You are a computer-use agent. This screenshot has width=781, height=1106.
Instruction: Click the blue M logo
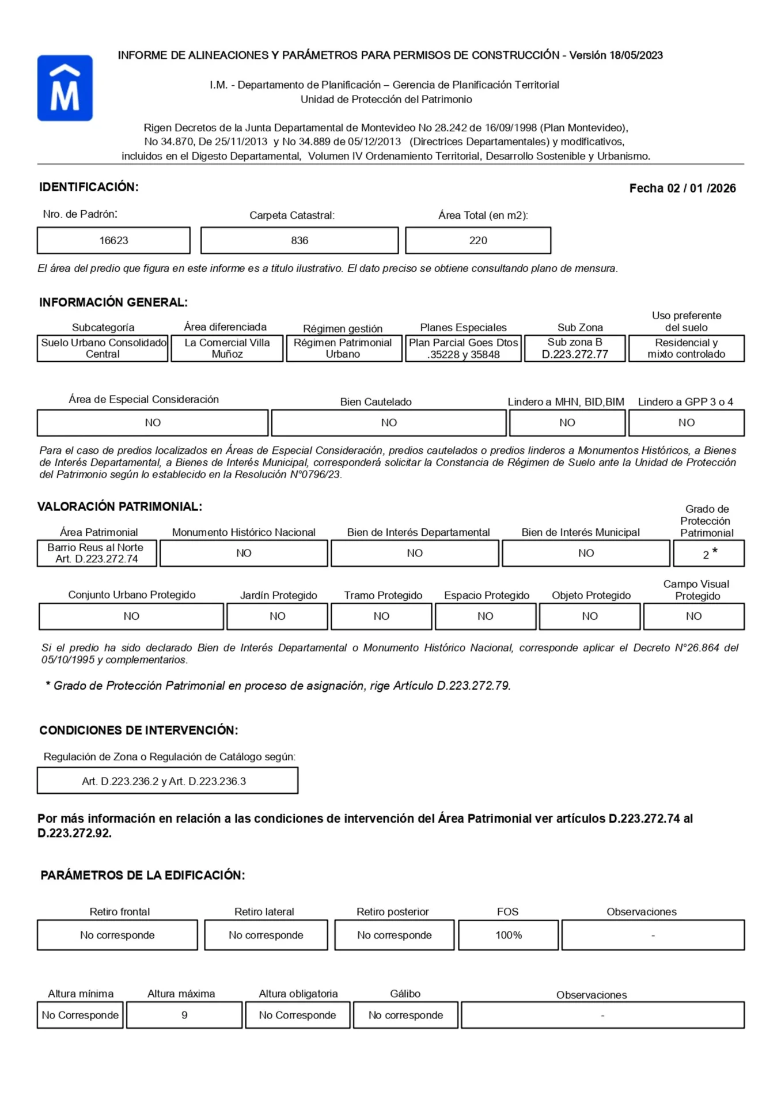[x=65, y=88]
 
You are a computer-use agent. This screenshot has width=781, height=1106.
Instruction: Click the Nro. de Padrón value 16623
[x=113, y=240]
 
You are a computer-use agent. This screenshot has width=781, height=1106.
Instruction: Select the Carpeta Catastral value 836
[x=299, y=240]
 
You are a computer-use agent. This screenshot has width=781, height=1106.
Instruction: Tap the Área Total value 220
[x=478, y=240]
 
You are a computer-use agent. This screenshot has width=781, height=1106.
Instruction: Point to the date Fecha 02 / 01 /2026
[x=682, y=188]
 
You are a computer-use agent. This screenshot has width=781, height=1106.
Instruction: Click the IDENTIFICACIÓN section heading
[x=89, y=187]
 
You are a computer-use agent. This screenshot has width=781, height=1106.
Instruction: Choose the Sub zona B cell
[x=574, y=349]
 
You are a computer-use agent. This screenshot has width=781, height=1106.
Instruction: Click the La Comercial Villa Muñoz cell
[x=227, y=349]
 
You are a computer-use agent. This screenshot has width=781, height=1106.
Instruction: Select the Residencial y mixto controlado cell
[x=686, y=349]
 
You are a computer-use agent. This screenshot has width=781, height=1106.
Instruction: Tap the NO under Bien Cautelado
[x=389, y=423]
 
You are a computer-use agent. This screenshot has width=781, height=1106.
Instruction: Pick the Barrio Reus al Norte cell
[x=96, y=553]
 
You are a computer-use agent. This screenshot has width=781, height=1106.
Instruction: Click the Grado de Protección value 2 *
[x=709, y=554]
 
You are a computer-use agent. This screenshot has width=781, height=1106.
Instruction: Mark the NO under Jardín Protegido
[x=278, y=616]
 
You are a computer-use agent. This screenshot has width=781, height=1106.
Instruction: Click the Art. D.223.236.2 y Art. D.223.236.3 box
[x=164, y=781]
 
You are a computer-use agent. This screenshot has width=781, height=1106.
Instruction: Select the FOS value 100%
[x=509, y=935]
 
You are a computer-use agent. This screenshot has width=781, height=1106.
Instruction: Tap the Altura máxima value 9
[x=184, y=1015]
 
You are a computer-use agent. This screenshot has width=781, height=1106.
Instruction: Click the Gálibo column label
[x=405, y=994]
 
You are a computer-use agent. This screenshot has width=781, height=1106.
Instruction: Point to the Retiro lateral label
[x=264, y=912]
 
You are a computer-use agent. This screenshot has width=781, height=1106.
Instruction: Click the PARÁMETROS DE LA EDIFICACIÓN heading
[x=143, y=876]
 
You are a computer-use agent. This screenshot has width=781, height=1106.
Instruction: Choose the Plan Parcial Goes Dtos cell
[x=464, y=349]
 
